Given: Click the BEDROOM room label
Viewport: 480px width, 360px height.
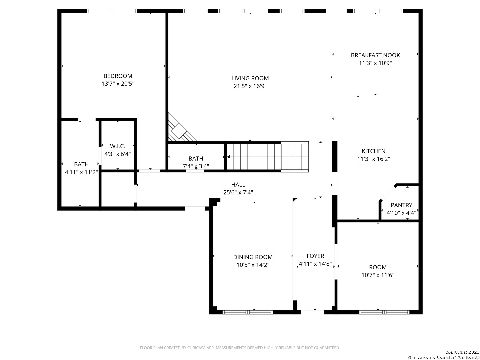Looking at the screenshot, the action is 118,76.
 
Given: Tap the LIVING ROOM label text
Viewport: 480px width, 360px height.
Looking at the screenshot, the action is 250,78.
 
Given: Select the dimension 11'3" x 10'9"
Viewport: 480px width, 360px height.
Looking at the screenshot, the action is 375,63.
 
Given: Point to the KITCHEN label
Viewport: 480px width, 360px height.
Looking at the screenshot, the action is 373,151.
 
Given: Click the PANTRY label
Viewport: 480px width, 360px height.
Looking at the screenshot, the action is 401,205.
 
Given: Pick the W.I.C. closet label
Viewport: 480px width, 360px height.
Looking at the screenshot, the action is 117,146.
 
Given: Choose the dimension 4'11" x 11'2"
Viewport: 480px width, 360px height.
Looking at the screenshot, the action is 81,172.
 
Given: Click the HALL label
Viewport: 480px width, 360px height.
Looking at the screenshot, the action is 238,185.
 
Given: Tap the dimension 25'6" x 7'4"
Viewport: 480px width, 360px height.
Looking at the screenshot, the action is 238,193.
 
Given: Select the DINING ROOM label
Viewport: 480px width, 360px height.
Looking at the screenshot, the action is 253,257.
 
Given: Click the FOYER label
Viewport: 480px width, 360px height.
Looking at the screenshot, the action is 315,256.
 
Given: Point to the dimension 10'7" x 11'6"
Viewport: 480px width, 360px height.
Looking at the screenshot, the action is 378,275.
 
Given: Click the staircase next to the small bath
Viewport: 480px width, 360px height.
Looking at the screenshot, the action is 268,157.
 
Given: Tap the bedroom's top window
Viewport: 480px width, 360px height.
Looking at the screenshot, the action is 112,11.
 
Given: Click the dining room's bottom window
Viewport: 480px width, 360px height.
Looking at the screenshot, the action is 248,312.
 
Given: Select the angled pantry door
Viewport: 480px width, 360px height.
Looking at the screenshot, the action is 388,193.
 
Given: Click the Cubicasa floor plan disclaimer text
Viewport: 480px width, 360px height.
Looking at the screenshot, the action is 240,348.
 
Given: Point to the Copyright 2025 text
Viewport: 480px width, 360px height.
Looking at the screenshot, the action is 462,352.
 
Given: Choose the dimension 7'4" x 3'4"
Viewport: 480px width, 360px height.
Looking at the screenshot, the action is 196,166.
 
